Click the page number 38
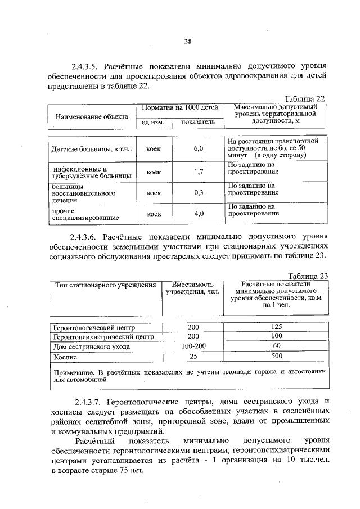188,40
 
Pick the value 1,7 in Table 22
198,172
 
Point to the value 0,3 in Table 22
198,193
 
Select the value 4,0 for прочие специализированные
198,214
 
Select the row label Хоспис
64,357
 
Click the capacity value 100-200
193,346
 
